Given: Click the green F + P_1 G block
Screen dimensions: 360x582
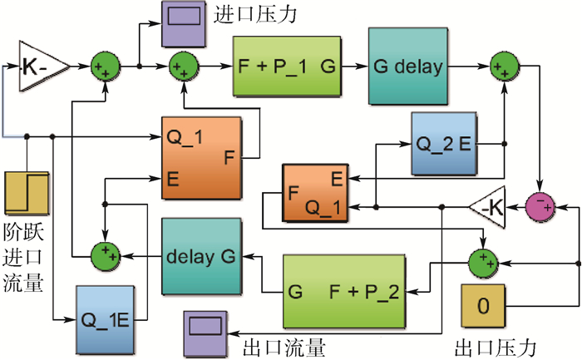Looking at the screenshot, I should coord(287,64).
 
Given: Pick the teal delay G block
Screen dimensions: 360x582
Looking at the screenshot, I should coord(200,255).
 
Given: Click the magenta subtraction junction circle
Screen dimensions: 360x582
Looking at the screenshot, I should coord(540,206).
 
